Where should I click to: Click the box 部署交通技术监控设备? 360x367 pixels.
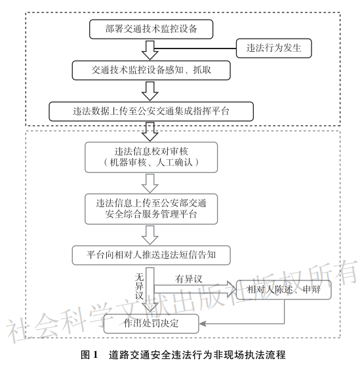151,29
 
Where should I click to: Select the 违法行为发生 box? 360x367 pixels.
274,48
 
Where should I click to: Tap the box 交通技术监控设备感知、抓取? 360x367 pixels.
151,70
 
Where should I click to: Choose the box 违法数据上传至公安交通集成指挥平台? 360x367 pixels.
151,111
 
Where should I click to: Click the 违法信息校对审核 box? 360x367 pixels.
151,157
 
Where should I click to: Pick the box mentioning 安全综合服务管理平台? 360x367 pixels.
151,209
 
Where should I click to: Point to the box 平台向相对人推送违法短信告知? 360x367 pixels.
151,255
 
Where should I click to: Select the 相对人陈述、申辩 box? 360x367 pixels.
284,290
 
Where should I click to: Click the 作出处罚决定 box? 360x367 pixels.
151,324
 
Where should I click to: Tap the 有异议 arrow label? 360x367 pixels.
188,279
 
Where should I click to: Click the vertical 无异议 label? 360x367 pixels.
139,286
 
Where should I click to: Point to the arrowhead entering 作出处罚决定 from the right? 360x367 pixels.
203,324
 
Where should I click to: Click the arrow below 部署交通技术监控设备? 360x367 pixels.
150,50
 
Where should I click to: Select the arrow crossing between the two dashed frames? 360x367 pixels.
150,132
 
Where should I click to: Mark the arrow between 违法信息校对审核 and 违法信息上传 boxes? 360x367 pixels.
150,183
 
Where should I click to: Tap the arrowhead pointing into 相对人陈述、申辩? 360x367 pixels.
231,289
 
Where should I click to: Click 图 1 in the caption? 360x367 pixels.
89,355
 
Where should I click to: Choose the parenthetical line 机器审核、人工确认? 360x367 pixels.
151,163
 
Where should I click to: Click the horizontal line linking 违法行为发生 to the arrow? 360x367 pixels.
195,48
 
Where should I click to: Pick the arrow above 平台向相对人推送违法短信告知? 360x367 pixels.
150,235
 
